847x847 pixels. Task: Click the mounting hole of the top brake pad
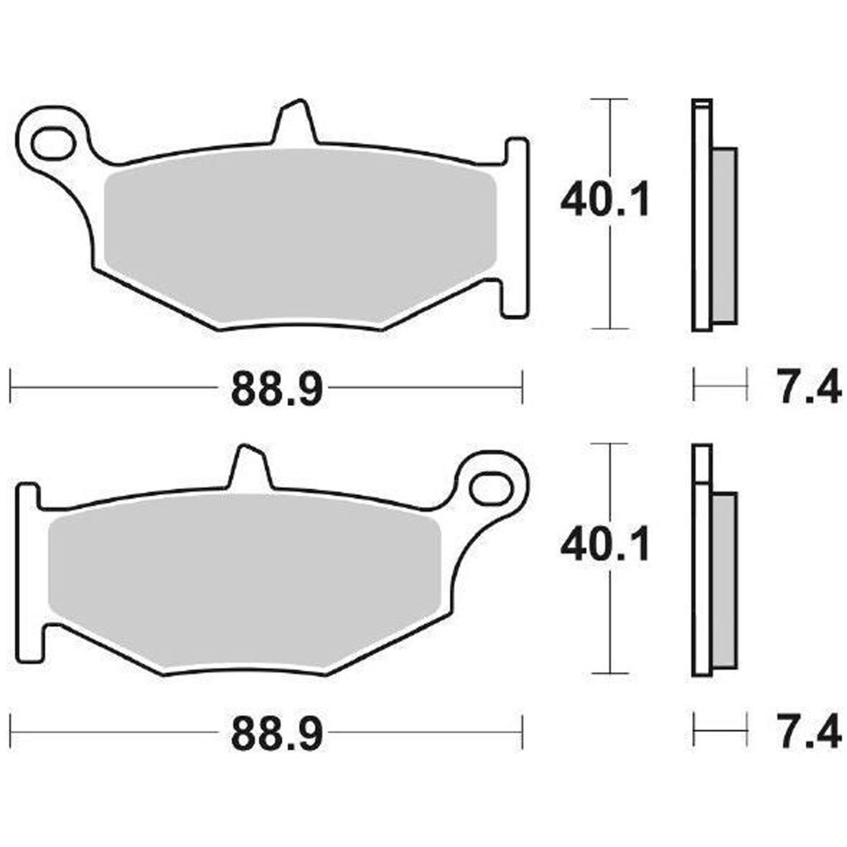pyautogui.click(x=52, y=144)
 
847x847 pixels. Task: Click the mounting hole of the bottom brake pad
pyautogui.click(x=490, y=489)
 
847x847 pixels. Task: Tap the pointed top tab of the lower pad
pyautogui.click(x=250, y=466)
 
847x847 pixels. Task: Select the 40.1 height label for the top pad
pyautogui.click(x=604, y=200)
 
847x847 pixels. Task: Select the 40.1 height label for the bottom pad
pyautogui.click(x=604, y=545)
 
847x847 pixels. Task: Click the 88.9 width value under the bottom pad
pyautogui.click(x=277, y=734)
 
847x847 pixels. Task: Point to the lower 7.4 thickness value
pyautogui.click(x=808, y=732)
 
